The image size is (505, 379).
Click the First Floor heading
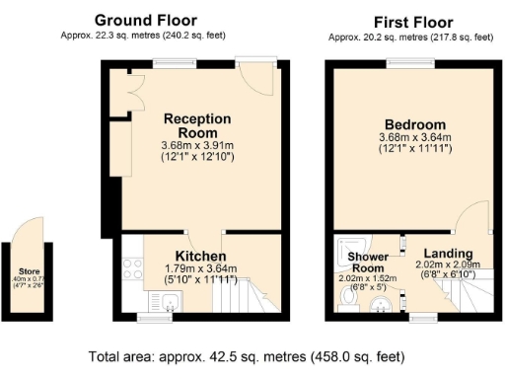point(412,21)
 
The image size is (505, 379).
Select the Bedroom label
point(414,124)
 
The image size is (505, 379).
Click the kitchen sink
point(169,305)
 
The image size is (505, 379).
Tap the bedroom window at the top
point(412,63)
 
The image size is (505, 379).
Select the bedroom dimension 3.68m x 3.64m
point(414,137)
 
